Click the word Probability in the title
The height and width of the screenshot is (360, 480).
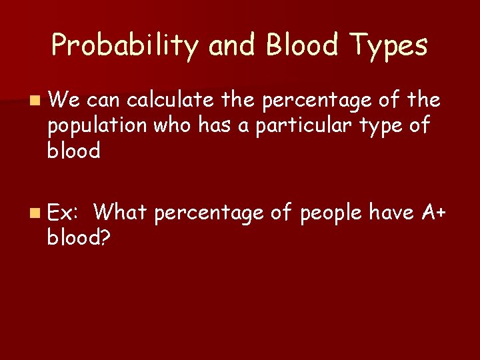click(125, 46)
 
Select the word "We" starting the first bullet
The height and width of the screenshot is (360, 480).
click(63, 100)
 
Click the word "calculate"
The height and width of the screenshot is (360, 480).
click(170, 100)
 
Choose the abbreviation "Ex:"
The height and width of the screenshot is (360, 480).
click(64, 213)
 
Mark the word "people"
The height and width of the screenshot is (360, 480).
click(330, 213)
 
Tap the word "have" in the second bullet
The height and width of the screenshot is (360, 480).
click(393, 213)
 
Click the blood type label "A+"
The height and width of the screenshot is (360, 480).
click(435, 213)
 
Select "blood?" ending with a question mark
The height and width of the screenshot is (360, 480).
click(78, 237)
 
